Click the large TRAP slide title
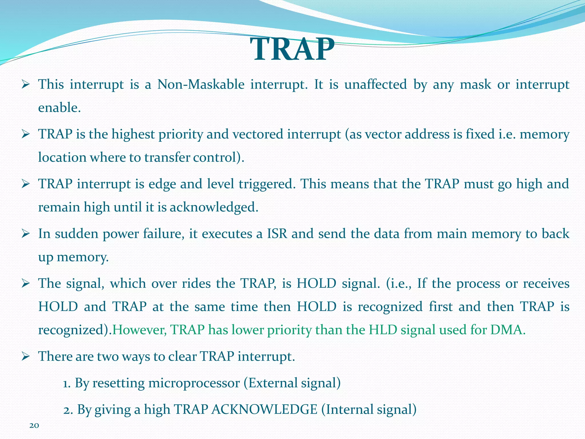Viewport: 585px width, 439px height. (292, 49)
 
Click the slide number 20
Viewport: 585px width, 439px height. (34, 426)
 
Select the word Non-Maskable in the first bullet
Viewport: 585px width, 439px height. (201, 85)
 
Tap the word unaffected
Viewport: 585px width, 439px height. (375, 85)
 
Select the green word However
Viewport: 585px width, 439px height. (140, 330)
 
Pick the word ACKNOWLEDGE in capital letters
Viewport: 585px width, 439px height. (265, 410)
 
